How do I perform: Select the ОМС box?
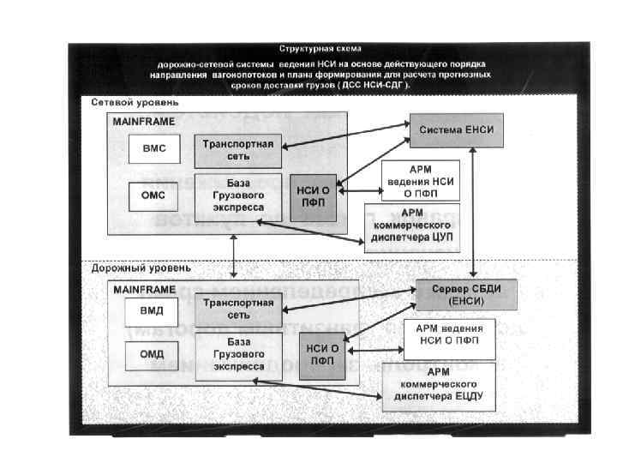pyautogui.click(x=153, y=195)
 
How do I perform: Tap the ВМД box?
pyautogui.click(x=152, y=310)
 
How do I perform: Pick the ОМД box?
pyautogui.click(x=152, y=353)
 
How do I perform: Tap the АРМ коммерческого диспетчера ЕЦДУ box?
pyautogui.click(x=438, y=388)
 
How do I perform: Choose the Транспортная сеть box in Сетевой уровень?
pyautogui.click(x=238, y=150)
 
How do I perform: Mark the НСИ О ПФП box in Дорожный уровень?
pyautogui.click(x=321, y=353)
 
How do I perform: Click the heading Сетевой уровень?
pyautogui.click(x=124, y=103)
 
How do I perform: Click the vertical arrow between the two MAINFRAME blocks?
pyautogui.click(x=234, y=251)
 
